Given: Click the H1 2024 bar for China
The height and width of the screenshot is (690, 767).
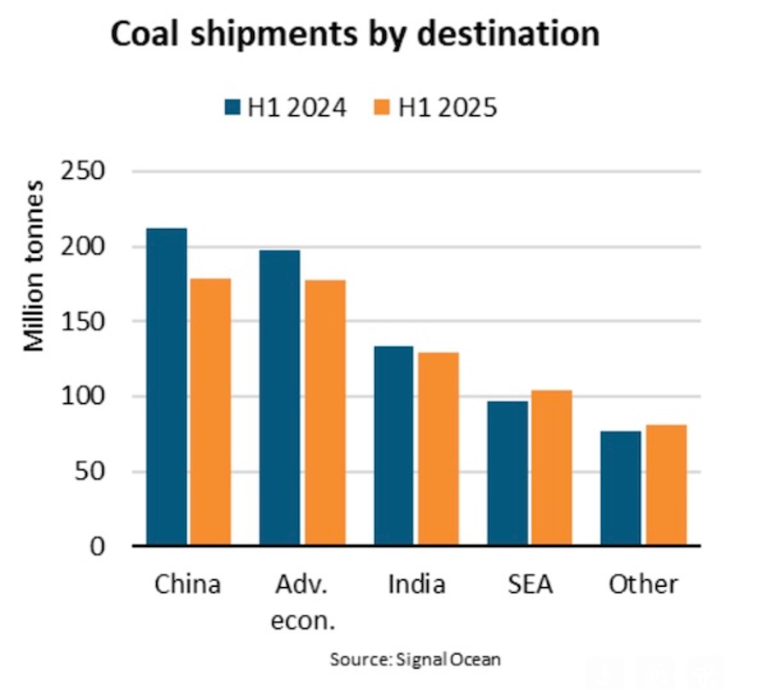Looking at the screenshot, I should pyautogui.click(x=166, y=387).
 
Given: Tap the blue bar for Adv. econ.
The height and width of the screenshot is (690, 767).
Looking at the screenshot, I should pyautogui.click(x=280, y=398).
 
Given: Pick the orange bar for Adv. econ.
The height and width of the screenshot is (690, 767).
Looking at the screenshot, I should pyautogui.click(x=324, y=412).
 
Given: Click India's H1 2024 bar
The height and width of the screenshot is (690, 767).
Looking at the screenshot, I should pyautogui.click(x=395, y=446).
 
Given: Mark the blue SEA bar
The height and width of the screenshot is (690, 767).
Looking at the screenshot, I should pyautogui.click(x=508, y=473).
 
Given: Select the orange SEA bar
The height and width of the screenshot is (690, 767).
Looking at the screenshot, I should pyautogui.click(x=551, y=468).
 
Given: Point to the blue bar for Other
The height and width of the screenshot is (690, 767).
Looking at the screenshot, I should pyautogui.click(x=622, y=488).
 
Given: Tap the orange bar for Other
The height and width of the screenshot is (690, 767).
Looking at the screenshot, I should pyautogui.click(x=666, y=485).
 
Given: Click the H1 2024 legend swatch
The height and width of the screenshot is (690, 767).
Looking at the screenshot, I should pyautogui.click(x=234, y=109).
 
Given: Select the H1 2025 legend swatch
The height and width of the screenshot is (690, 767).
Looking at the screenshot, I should pyautogui.click(x=383, y=109).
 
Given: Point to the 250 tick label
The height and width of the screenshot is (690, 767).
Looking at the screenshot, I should pyautogui.click(x=84, y=171).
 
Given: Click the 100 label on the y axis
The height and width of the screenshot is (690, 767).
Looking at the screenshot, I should pyautogui.click(x=84, y=396).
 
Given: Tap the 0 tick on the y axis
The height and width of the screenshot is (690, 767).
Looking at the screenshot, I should pyautogui.click(x=96, y=546).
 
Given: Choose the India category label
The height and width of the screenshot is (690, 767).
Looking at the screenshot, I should pyautogui.click(x=417, y=584).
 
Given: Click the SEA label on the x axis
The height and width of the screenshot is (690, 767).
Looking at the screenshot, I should pyautogui.click(x=529, y=584).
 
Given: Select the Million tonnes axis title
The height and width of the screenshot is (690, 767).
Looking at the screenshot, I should pyautogui.click(x=35, y=267).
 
